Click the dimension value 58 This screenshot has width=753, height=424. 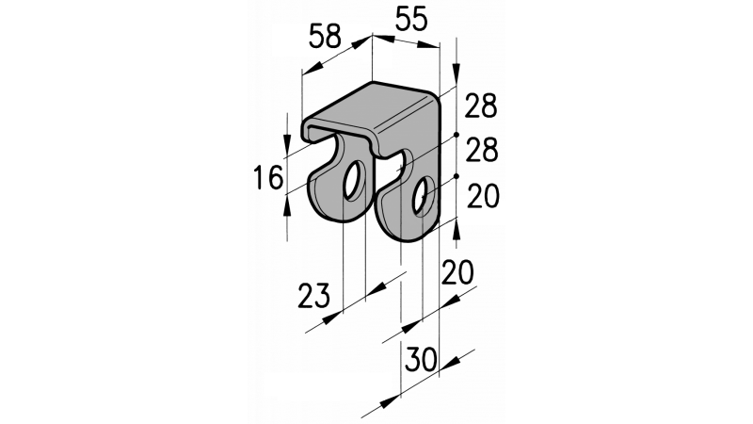(325, 36)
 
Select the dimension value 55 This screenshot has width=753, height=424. (411, 20)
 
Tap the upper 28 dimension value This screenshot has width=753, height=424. (481, 106)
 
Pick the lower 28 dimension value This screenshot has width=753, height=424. (482, 150)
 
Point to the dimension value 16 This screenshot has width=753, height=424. (268, 178)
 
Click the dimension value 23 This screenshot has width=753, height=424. (314, 295)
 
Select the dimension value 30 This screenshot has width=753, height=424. (421, 359)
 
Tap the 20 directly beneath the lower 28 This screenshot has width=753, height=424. (483, 196)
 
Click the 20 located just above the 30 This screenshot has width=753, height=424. (457, 272)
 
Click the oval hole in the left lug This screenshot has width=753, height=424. (355, 181)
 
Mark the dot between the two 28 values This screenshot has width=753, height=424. (457, 135)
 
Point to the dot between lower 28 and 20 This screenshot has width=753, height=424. (457, 176)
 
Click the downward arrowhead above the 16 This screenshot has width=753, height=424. (287, 142)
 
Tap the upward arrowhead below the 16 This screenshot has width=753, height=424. (287, 207)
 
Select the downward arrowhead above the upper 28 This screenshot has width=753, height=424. (457, 72)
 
